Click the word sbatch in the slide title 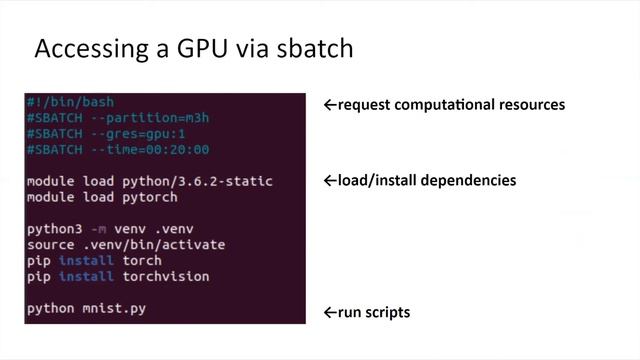tap(312, 48)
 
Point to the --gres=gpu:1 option tap(140, 134)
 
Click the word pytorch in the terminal tap(150, 197)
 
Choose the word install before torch tap(86, 260)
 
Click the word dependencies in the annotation tap(475, 181)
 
